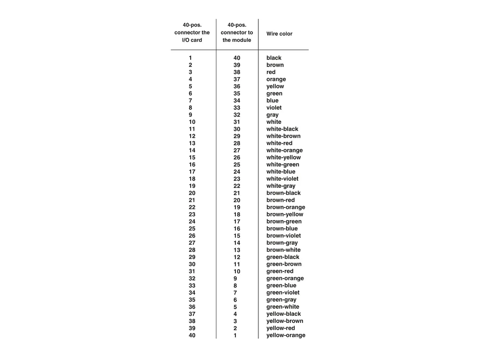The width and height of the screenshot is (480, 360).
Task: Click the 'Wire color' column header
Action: (x=279, y=34)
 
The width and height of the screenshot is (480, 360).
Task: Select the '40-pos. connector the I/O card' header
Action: (x=192, y=32)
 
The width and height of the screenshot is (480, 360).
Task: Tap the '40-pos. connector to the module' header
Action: (x=237, y=32)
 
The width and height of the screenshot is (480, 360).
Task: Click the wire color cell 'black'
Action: (x=274, y=58)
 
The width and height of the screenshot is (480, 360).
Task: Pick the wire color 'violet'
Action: (x=274, y=108)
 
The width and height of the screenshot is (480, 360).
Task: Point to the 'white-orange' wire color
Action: (x=285, y=151)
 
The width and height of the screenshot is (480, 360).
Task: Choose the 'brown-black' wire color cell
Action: (x=283, y=193)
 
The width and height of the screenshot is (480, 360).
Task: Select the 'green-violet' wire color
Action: (x=283, y=293)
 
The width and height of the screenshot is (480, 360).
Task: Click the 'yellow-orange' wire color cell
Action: (x=286, y=336)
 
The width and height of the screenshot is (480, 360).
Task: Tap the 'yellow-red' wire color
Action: (x=280, y=328)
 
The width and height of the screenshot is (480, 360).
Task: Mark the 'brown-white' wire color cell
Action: (x=283, y=250)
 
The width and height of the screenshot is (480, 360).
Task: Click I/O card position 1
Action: (x=191, y=58)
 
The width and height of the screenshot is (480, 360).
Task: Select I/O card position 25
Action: (x=192, y=229)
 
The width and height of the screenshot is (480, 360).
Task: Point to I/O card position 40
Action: (x=192, y=336)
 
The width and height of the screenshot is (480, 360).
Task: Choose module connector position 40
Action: (x=237, y=58)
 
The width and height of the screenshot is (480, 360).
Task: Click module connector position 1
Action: (x=235, y=336)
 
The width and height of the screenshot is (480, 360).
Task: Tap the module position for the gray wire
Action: (x=237, y=115)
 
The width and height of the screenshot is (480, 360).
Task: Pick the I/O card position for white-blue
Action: (x=192, y=172)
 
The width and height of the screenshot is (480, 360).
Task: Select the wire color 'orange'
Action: (x=276, y=80)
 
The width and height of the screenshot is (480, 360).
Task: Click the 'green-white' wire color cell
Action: (x=283, y=307)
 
